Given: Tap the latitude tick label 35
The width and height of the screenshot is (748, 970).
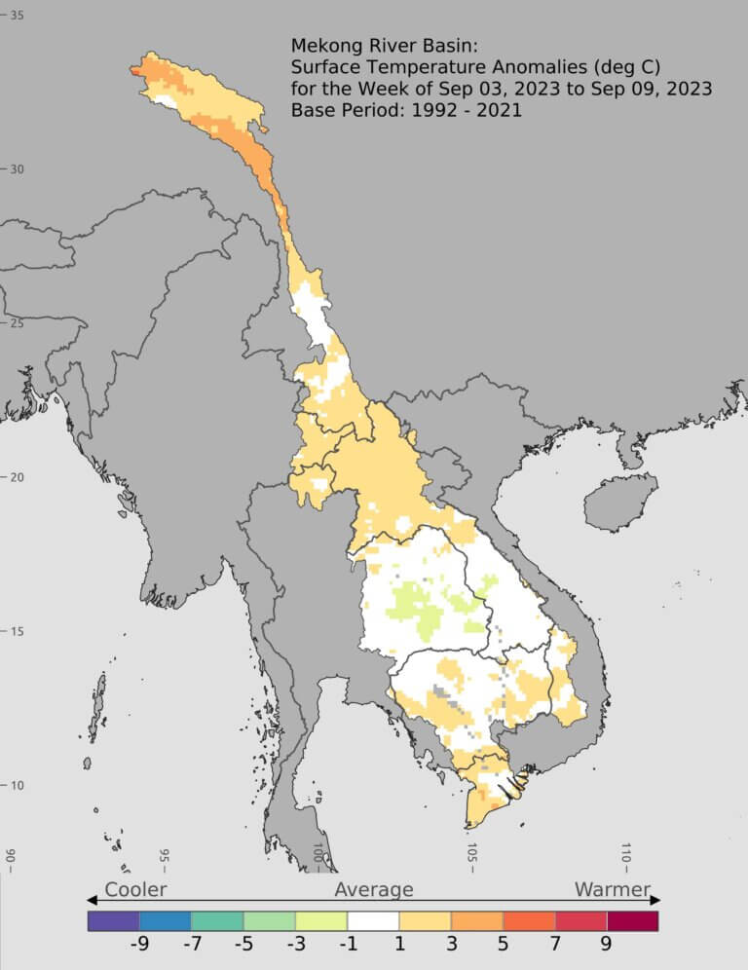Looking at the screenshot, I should tap(18, 16).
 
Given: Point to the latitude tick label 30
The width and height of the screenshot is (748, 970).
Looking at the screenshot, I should tap(18, 169).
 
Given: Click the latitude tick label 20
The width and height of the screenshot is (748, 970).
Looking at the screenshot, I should tap(18, 477).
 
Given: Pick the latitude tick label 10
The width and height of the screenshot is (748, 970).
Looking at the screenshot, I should tap(18, 786).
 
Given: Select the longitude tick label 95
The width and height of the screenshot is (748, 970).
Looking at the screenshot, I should tap(165, 857).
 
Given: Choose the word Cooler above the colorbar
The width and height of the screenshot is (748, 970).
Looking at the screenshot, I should tap(135, 889).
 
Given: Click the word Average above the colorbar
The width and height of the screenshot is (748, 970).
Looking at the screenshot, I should tap(374, 889).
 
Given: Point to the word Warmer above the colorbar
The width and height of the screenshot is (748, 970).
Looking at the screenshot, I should tap(612, 889).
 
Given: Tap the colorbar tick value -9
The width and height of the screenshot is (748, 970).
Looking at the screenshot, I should tap(139, 944).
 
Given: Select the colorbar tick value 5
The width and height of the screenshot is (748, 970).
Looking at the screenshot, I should tap(503, 944).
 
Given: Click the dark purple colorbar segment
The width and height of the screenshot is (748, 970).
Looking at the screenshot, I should tap(113, 920).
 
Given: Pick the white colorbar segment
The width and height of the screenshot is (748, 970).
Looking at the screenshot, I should tap(373, 920).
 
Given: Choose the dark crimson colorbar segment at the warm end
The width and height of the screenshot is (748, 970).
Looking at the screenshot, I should tap(632, 920).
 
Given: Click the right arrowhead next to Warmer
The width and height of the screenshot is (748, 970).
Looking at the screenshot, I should tap(655, 900).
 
